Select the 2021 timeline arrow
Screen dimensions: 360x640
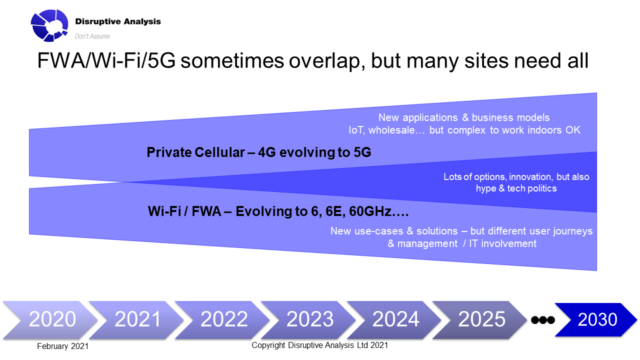coord(136,320)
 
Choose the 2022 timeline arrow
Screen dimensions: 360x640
coord(223,320)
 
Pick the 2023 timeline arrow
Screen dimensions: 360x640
coord(311,320)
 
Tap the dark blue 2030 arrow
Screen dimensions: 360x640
coord(596,320)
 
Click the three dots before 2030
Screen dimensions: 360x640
coord(544,321)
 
